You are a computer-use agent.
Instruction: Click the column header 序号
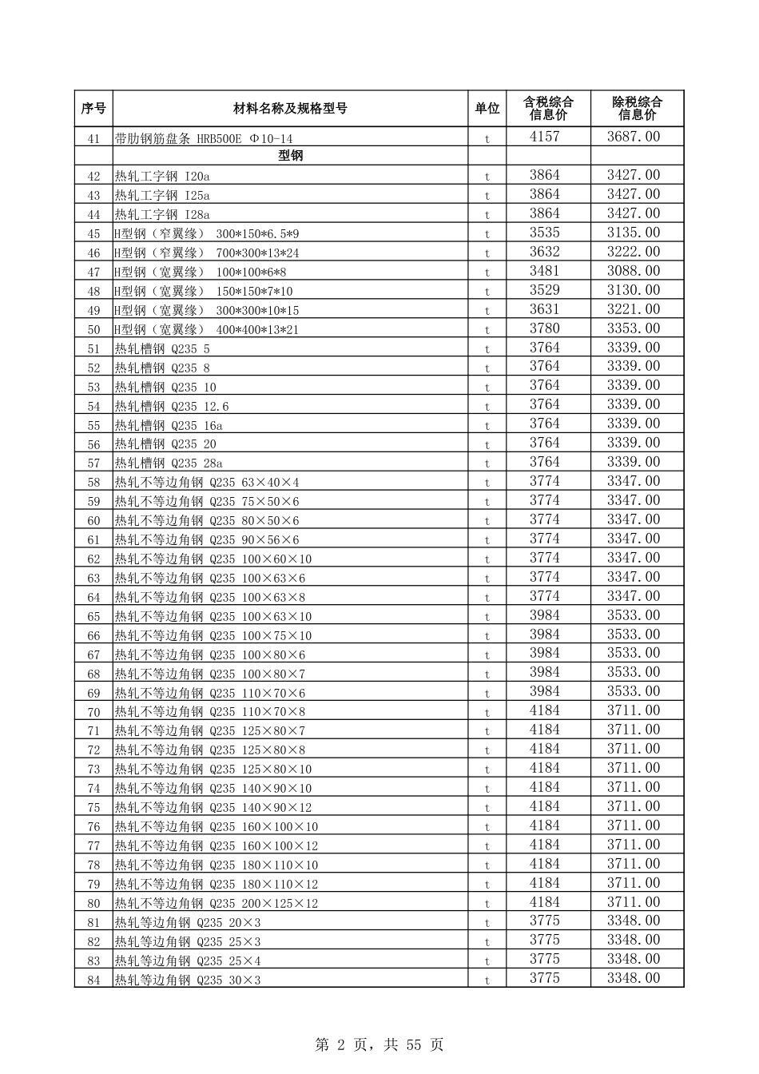click(93, 109)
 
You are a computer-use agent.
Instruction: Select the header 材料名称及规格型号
click(290, 109)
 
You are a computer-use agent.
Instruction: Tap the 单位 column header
click(487, 109)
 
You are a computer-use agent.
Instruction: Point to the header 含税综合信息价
click(548, 109)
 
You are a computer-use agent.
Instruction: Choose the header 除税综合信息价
click(637, 109)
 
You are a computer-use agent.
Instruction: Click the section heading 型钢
click(290, 156)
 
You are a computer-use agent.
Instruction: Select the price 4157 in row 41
click(545, 137)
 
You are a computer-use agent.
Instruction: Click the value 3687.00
click(634, 137)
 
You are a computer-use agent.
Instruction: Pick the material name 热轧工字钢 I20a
click(162, 177)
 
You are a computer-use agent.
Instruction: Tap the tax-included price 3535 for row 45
click(545, 233)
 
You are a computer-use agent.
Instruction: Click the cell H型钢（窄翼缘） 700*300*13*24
click(207, 253)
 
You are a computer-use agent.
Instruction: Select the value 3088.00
click(634, 271)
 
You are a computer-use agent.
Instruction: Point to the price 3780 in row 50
click(545, 328)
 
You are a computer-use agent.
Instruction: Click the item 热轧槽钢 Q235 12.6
click(172, 407)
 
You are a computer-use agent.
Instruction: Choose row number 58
click(94, 483)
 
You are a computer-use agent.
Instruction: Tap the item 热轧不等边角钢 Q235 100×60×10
click(213, 559)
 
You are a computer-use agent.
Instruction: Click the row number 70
click(94, 712)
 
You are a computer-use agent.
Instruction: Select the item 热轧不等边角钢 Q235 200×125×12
click(217, 904)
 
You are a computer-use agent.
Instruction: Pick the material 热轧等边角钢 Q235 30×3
click(188, 981)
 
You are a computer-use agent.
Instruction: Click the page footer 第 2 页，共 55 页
click(379, 1044)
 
